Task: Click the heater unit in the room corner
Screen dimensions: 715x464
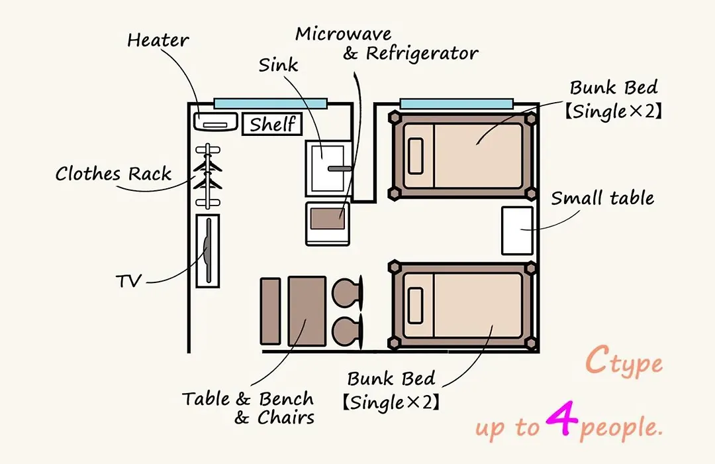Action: (x=216, y=122)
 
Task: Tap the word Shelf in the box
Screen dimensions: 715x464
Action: (x=273, y=124)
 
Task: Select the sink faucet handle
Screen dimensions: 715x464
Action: (x=339, y=168)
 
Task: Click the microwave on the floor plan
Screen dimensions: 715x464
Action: (x=328, y=224)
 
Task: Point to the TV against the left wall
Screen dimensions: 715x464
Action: (x=208, y=251)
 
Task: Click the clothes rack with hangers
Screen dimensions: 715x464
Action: (x=208, y=176)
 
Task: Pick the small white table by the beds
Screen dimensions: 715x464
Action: (x=517, y=231)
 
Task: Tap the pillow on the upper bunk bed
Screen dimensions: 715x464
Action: (x=415, y=156)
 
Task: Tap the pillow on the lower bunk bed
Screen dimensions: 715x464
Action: (x=415, y=306)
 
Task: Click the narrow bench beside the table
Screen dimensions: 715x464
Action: (x=270, y=311)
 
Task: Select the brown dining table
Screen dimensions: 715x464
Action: (x=307, y=311)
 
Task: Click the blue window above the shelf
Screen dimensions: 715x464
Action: (x=270, y=103)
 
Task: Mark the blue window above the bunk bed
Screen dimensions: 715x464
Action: (x=456, y=103)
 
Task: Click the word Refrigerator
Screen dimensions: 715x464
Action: (x=422, y=54)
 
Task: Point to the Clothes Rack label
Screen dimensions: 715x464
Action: (x=113, y=174)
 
